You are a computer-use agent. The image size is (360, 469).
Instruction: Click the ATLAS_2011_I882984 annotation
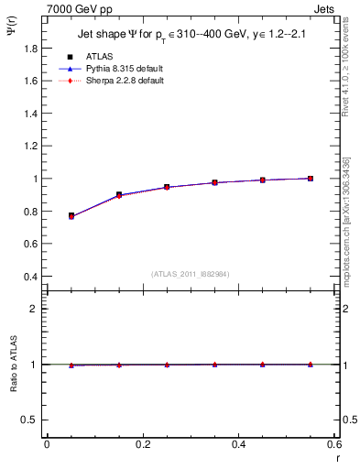coord(191,273)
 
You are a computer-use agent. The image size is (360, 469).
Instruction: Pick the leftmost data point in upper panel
coord(71,216)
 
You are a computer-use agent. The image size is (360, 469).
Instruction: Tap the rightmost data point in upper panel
coord(311,179)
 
